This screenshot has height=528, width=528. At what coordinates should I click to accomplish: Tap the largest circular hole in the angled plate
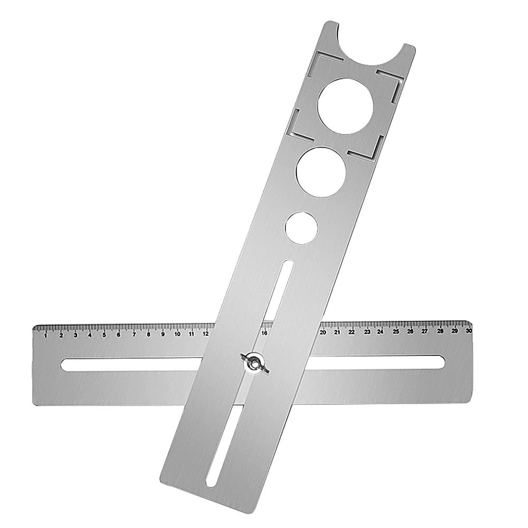tap(345, 106)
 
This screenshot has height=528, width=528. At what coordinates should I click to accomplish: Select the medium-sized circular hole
tap(321, 172)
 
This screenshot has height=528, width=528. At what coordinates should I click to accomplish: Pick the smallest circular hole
tap(301, 228)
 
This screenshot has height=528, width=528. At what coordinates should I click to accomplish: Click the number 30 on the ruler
tap(468, 331)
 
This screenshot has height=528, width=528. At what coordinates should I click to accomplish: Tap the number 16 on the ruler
tap(264, 333)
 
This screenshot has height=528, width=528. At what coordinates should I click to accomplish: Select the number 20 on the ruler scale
tap(323, 332)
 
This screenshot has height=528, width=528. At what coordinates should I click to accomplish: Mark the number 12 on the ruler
tap(205, 333)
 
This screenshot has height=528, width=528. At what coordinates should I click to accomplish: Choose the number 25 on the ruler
tap(396, 331)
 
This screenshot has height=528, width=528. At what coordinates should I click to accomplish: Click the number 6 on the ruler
tap(118, 334)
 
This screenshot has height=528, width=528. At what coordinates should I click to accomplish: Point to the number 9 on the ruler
tap(162, 334)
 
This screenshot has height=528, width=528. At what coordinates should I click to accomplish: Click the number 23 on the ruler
tap(367, 332)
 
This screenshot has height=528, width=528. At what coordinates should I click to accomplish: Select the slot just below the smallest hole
tap(279, 290)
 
